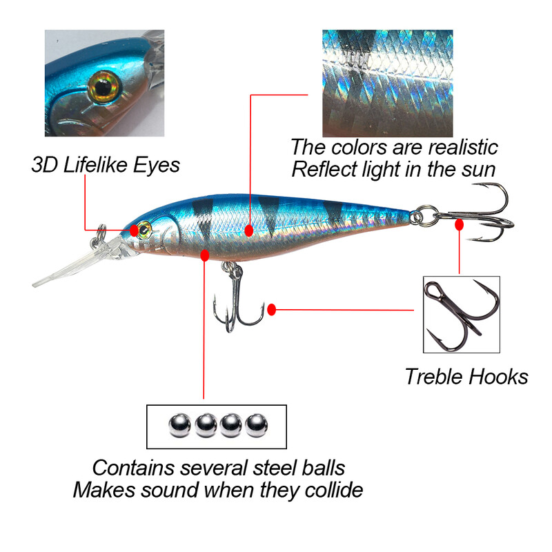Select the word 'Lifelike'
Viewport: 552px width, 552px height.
92,165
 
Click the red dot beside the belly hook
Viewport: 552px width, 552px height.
272,310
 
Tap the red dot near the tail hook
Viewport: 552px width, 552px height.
459,224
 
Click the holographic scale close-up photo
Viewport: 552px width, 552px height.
388,83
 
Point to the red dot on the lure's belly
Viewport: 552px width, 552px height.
204,255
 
